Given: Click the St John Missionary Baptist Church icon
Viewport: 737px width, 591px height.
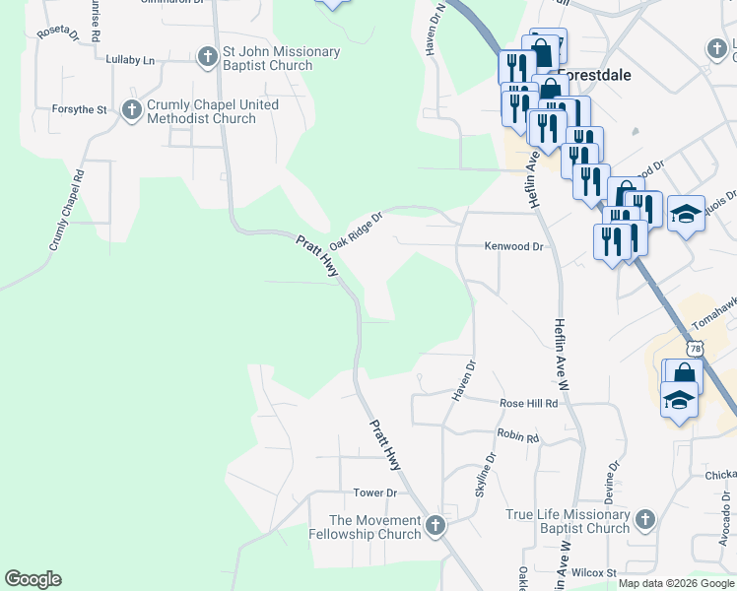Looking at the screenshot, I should [x=208, y=57].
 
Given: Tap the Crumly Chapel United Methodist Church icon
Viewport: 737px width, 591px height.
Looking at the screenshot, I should [x=132, y=110].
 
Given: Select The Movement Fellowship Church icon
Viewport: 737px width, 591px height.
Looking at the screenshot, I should [x=436, y=527].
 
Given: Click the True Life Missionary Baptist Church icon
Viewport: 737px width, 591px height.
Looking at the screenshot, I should [x=644, y=520].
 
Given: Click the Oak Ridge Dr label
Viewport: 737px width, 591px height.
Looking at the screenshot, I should [x=356, y=230].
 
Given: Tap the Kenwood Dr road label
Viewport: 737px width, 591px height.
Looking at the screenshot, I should [x=513, y=246].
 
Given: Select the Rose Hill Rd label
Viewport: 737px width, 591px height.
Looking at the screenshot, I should [x=529, y=403].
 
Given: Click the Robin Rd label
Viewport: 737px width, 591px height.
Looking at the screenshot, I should [x=518, y=436].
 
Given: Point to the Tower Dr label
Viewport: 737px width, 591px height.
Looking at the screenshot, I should [x=374, y=492].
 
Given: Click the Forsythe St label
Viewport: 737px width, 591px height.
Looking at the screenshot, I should [x=81, y=110].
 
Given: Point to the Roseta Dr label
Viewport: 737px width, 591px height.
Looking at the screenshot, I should [x=58, y=33].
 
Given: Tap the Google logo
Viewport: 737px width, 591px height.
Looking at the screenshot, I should [x=33, y=579].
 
